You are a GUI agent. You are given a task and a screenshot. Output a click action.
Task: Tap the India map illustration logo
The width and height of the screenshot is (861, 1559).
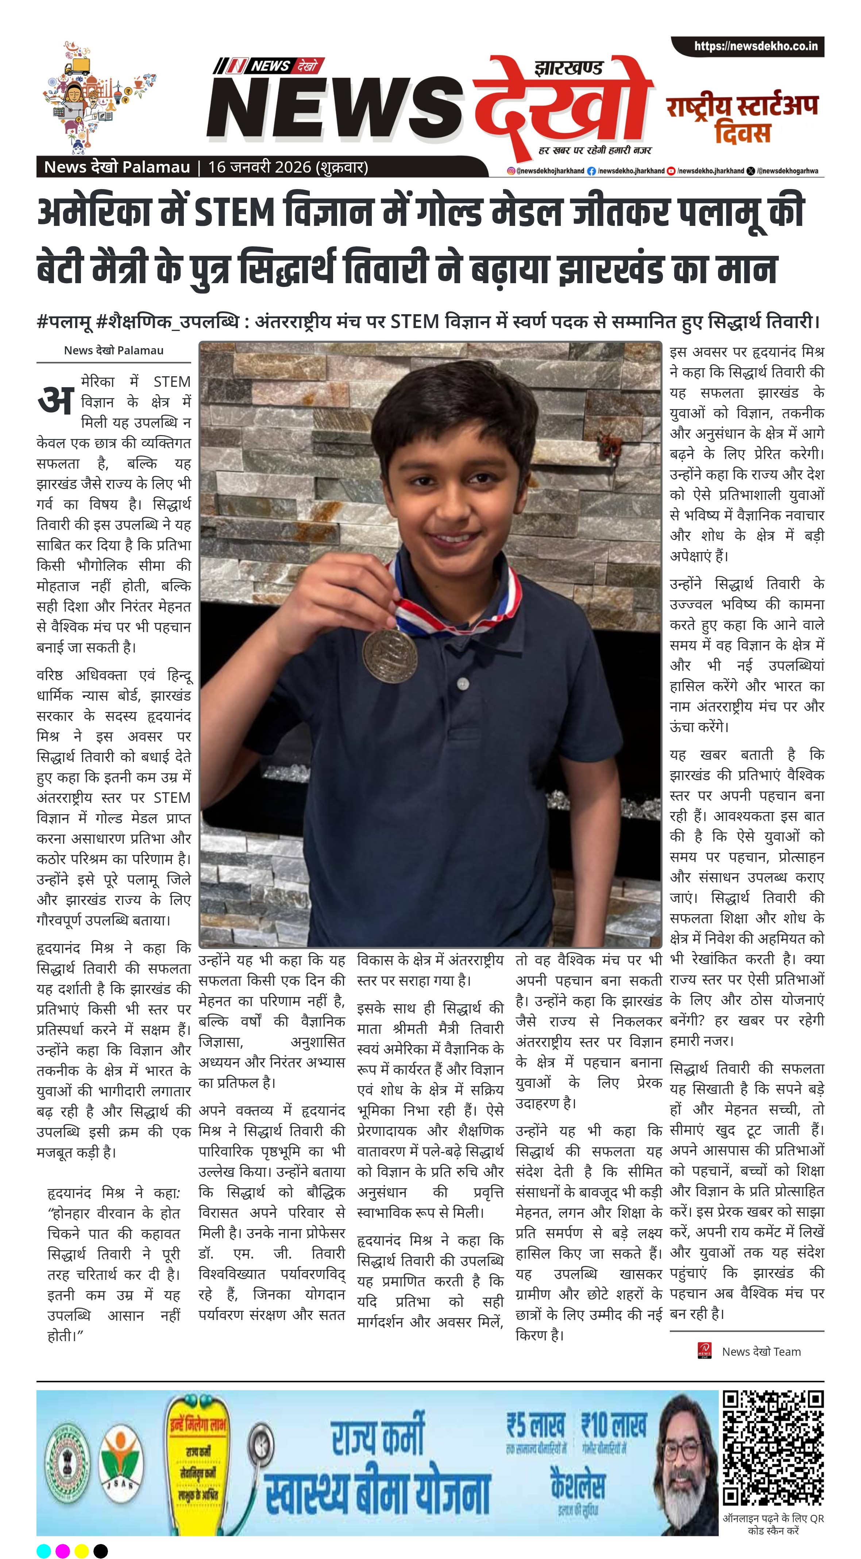tap(100, 97)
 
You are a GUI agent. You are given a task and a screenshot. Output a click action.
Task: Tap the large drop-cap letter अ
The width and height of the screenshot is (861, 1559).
tap(56, 401)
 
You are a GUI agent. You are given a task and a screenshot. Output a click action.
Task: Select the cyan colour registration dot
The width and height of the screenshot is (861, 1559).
tap(43, 1551)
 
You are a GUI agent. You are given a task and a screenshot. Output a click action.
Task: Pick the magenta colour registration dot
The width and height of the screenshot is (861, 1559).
tap(62, 1551)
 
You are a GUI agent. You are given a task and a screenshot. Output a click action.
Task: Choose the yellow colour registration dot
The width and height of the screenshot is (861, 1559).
tap(82, 1551)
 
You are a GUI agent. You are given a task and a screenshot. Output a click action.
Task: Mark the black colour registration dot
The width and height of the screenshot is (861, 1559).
tap(101, 1551)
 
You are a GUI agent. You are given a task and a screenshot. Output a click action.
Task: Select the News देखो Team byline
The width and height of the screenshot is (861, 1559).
tap(761, 1351)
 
